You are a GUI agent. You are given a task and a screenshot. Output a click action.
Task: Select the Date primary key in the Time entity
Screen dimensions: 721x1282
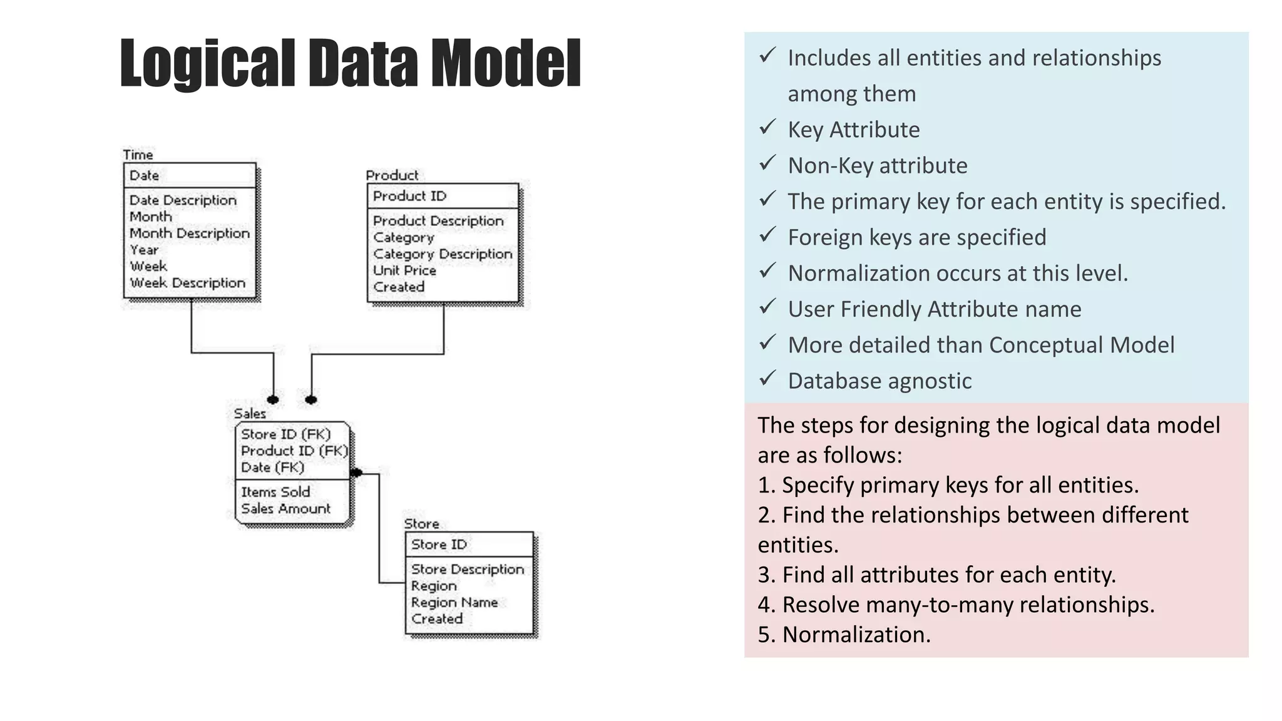click(144, 176)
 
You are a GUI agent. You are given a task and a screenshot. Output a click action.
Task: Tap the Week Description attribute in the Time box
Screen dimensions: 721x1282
click(187, 283)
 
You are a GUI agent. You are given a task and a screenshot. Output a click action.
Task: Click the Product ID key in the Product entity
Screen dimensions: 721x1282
click(409, 196)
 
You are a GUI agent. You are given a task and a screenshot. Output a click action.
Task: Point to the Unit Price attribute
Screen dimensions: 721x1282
click(404, 270)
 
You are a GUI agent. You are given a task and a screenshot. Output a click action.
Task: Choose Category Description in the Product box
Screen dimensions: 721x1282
click(443, 254)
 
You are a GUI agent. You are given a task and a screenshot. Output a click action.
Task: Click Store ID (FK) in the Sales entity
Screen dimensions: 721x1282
click(285, 434)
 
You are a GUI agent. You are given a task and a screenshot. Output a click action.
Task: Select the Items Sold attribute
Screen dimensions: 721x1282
click(275, 492)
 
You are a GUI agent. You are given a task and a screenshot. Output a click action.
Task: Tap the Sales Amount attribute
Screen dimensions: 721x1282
click(285, 509)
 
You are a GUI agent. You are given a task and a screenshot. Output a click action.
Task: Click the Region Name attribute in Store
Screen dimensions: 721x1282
click(454, 603)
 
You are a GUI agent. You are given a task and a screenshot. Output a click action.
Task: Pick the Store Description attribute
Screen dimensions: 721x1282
click(467, 570)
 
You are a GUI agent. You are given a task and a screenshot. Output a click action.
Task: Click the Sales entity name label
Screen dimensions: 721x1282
click(250, 414)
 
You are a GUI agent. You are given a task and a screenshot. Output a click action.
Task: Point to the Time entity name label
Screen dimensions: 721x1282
click(138, 155)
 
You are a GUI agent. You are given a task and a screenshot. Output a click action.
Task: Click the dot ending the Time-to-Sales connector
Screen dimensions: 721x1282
click(273, 400)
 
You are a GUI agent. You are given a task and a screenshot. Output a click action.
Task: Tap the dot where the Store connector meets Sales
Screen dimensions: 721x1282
click(357, 473)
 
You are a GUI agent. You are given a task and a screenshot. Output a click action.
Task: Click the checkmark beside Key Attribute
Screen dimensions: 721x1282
click(768, 128)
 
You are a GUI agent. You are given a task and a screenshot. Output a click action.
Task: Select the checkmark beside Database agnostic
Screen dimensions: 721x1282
click(768, 379)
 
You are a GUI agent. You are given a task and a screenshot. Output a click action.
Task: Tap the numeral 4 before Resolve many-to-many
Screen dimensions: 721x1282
click(764, 605)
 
